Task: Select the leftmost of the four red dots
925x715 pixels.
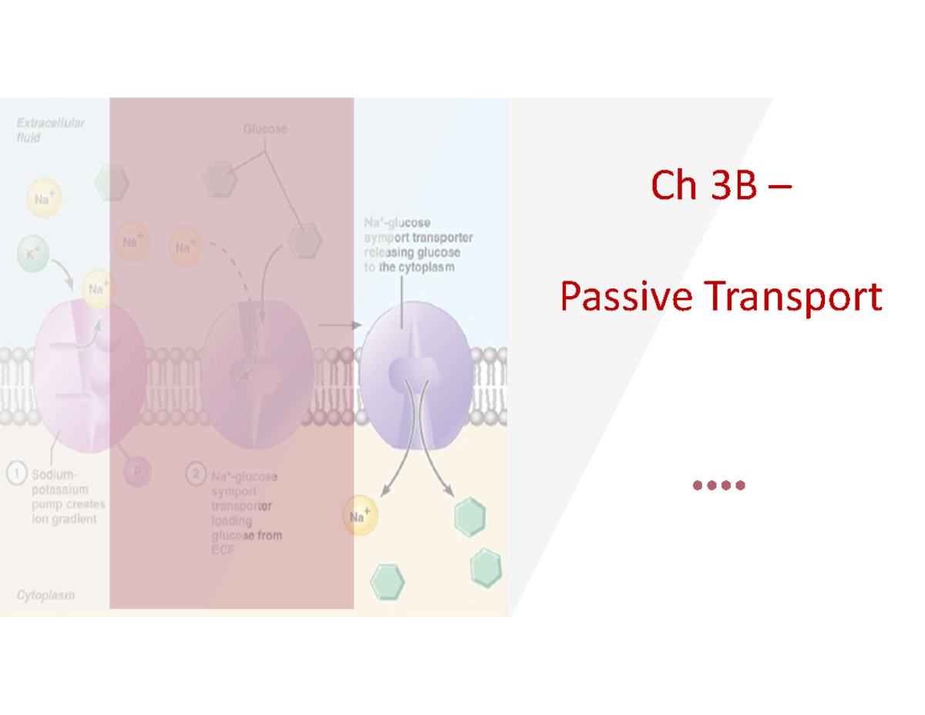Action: [x=698, y=485]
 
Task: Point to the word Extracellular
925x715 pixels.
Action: [x=52, y=123]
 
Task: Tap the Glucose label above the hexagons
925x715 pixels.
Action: [x=266, y=130]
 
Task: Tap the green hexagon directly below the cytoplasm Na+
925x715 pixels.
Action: [x=387, y=582]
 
